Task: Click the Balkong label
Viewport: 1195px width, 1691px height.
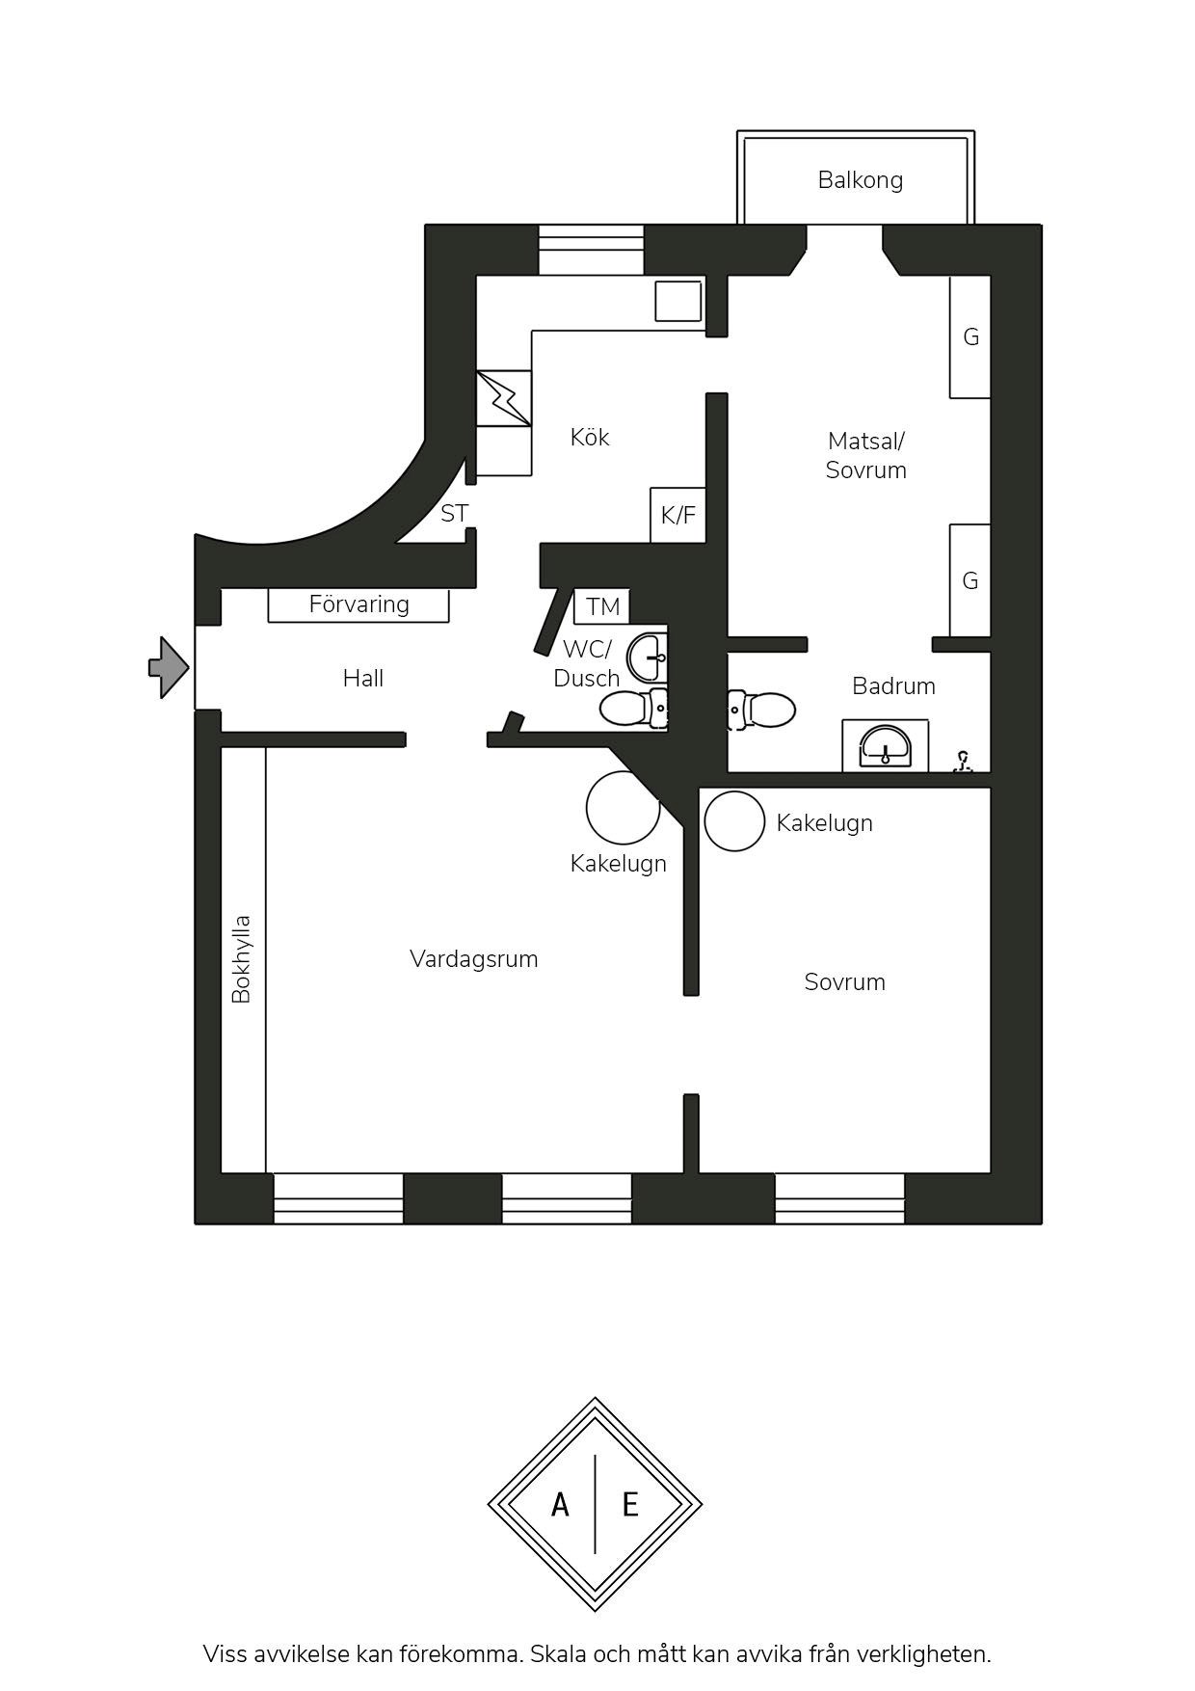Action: click(860, 180)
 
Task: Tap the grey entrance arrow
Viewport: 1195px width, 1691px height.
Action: click(169, 667)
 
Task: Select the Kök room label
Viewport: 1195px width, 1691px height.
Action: click(589, 437)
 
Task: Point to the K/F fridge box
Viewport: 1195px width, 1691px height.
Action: click(678, 515)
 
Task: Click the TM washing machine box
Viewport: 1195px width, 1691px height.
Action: click(602, 606)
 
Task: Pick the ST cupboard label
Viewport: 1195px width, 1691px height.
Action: click(454, 514)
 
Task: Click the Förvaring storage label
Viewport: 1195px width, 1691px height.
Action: click(358, 604)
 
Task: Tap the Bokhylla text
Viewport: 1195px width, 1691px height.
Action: click(241, 959)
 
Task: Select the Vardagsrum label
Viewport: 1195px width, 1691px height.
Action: click(473, 959)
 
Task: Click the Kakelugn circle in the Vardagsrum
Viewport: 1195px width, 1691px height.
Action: click(624, 808)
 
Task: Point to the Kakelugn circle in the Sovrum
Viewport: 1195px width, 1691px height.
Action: click(734, 821)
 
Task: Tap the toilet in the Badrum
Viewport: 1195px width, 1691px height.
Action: click(761, 710)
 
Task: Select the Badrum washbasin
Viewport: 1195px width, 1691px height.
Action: click(885, 745)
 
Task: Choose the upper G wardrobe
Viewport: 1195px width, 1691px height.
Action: click(970, 336)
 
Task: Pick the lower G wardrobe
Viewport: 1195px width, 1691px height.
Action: click(970, 580)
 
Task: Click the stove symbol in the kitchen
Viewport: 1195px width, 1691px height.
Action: click(504, 398)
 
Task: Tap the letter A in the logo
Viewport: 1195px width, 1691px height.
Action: click(560, 1504)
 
